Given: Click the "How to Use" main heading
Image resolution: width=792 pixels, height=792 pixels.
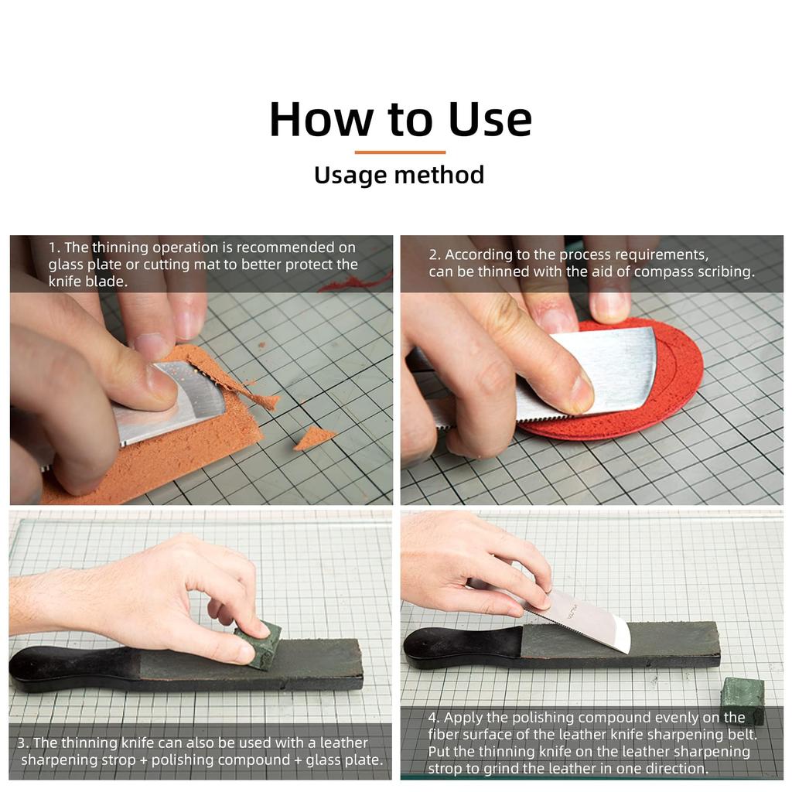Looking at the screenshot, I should click(400, 119).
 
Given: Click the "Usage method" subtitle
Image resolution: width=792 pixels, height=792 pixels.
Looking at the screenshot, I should click(399, 175).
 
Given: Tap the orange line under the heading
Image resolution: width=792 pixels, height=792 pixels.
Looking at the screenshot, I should click(400, 152).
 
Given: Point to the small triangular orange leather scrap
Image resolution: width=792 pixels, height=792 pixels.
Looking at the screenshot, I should click(314, 438).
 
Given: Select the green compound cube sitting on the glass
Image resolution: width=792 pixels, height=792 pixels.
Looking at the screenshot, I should click(742, 698).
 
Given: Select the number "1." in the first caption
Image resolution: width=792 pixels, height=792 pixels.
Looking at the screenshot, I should click(54, 248).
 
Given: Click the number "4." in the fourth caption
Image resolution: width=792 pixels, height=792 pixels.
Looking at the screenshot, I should click(435, 719).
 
